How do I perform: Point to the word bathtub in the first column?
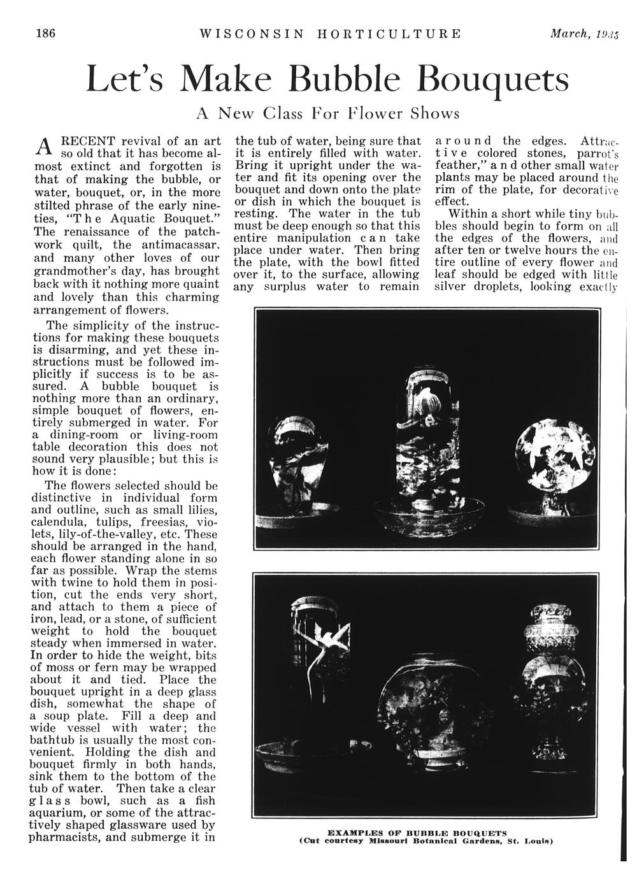(57, 741)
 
